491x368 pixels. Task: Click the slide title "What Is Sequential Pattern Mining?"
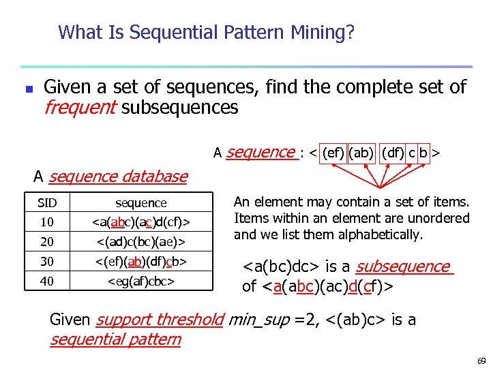click(206, 32)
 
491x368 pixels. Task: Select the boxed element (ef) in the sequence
click(333, 154)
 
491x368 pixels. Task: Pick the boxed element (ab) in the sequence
click(361, 154)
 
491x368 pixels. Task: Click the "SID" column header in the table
click(47, 203)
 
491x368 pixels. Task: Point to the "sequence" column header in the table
click(141, 203)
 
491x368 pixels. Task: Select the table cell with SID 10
click(47, 222)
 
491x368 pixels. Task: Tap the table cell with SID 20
click(47, 241)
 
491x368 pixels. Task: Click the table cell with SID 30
click(47, 261)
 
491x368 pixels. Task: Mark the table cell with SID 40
click(47, 281)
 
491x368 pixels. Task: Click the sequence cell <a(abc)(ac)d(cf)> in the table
click(141, 222)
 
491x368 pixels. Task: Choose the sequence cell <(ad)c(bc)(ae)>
click(141, 241)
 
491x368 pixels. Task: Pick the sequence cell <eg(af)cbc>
click(141, 281)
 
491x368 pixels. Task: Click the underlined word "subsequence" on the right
click(403, 266)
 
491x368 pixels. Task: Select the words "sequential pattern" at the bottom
click(115, 339)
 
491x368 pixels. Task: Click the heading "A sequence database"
click(110, 177)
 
